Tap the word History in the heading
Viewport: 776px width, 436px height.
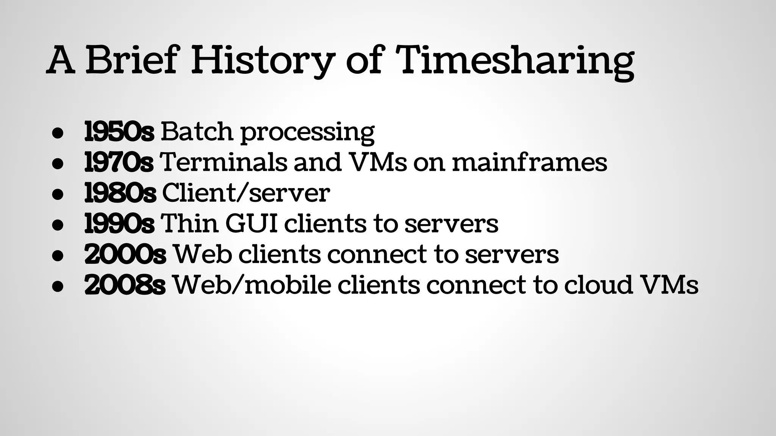tap(263, 61)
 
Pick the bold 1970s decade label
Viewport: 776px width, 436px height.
tap(119, 162)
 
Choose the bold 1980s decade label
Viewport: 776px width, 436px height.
tap(120, 193)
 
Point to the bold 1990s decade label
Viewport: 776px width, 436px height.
tap(119, 224)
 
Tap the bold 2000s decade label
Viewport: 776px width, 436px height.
tap(125, 254)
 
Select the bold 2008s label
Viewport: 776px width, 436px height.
tap(125, 285)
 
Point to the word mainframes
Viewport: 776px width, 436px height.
tap(529, 162)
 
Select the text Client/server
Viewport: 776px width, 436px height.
tap(246, 193)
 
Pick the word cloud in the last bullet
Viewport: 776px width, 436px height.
tap(598, 285)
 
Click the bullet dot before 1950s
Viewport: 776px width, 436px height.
tap(57, 133)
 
